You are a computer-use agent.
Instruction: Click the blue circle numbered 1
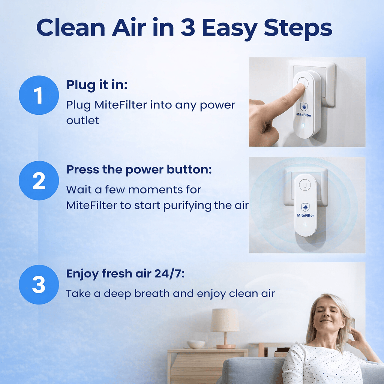pos(39,95)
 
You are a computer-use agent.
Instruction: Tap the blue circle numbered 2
pos(39,180)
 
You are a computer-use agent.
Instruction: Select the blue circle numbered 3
pos(39,284)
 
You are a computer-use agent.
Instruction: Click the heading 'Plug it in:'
pos(97,85)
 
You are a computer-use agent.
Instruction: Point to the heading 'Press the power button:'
pos(139,169)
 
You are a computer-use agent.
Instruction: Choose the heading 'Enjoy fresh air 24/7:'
pos(125,274)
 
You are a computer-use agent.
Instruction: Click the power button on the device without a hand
pos(306,185)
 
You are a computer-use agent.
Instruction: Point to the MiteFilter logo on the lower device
pos(306,210)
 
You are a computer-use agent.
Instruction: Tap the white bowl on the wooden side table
pos(196,344)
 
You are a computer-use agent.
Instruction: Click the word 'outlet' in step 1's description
pos(83,121)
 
